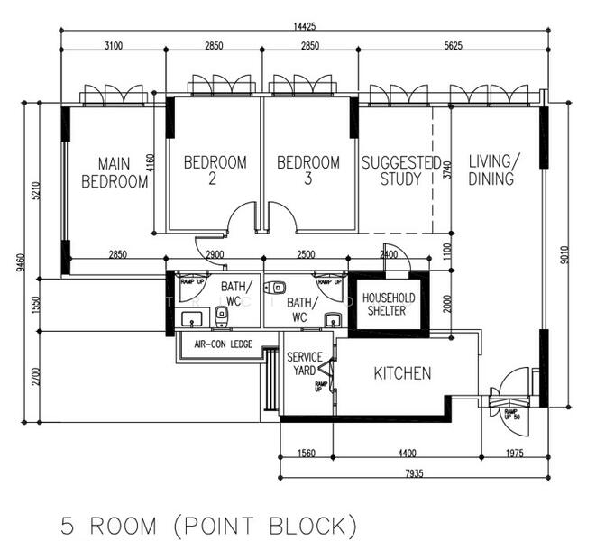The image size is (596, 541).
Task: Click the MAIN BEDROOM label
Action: pos(115,172)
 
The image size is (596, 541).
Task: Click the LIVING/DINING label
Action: pos(493,170)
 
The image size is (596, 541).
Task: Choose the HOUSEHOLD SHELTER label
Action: pos(390,304)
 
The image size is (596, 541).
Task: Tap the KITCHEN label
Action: pos(403,372)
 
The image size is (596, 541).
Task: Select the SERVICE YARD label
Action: pos(305,363)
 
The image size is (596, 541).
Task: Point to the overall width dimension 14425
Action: pos(303,26)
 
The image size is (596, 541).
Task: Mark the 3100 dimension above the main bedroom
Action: pos(113,45)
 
